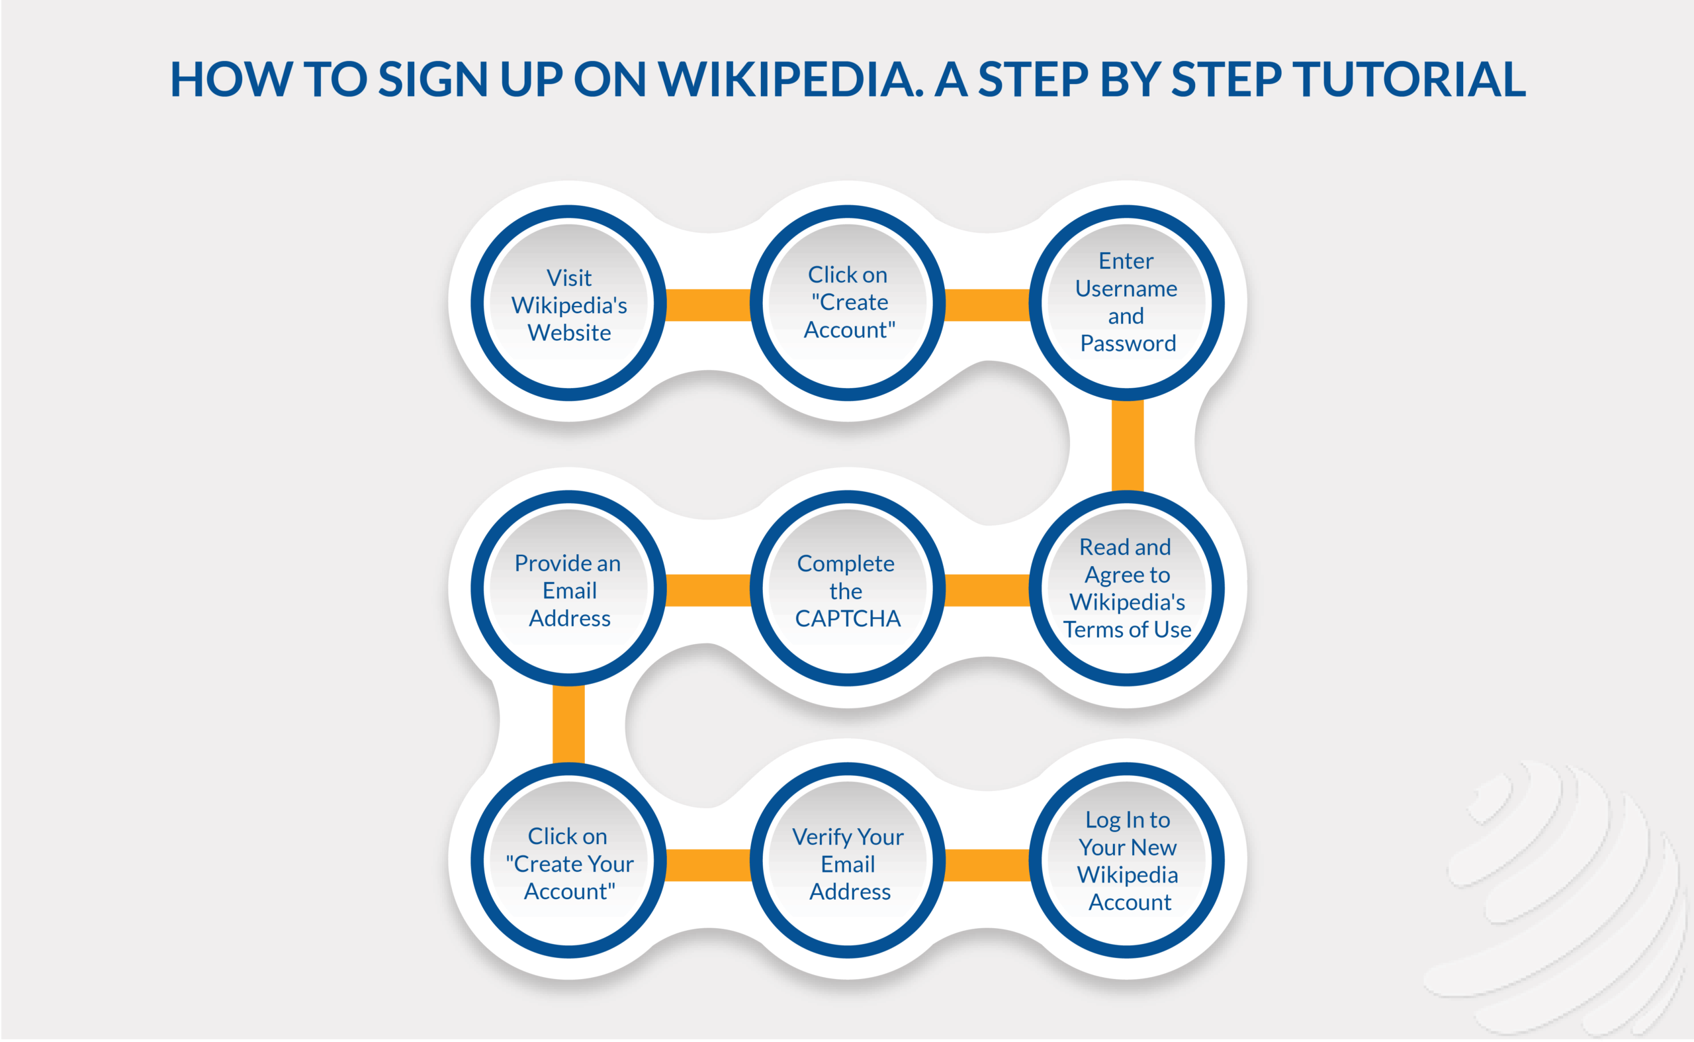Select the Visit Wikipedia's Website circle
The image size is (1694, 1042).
[568, 303]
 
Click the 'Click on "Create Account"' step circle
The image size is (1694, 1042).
[848, 303]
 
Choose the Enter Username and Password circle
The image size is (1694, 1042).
[1126, 303]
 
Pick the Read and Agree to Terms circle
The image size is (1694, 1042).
[1126, 588]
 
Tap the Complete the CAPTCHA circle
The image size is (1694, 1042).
[848, 588]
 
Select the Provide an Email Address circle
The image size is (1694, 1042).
[568, 588]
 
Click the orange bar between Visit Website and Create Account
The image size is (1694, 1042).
[708, 305]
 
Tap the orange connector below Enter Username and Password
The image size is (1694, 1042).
[1127, 445]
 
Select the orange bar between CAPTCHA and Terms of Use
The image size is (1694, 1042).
[987, 590]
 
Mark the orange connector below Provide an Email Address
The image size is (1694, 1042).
[568, 724]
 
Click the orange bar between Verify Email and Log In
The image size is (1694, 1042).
[987, 864]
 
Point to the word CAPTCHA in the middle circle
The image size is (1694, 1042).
[848, 618]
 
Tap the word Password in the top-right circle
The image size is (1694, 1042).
[1128, 343]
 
